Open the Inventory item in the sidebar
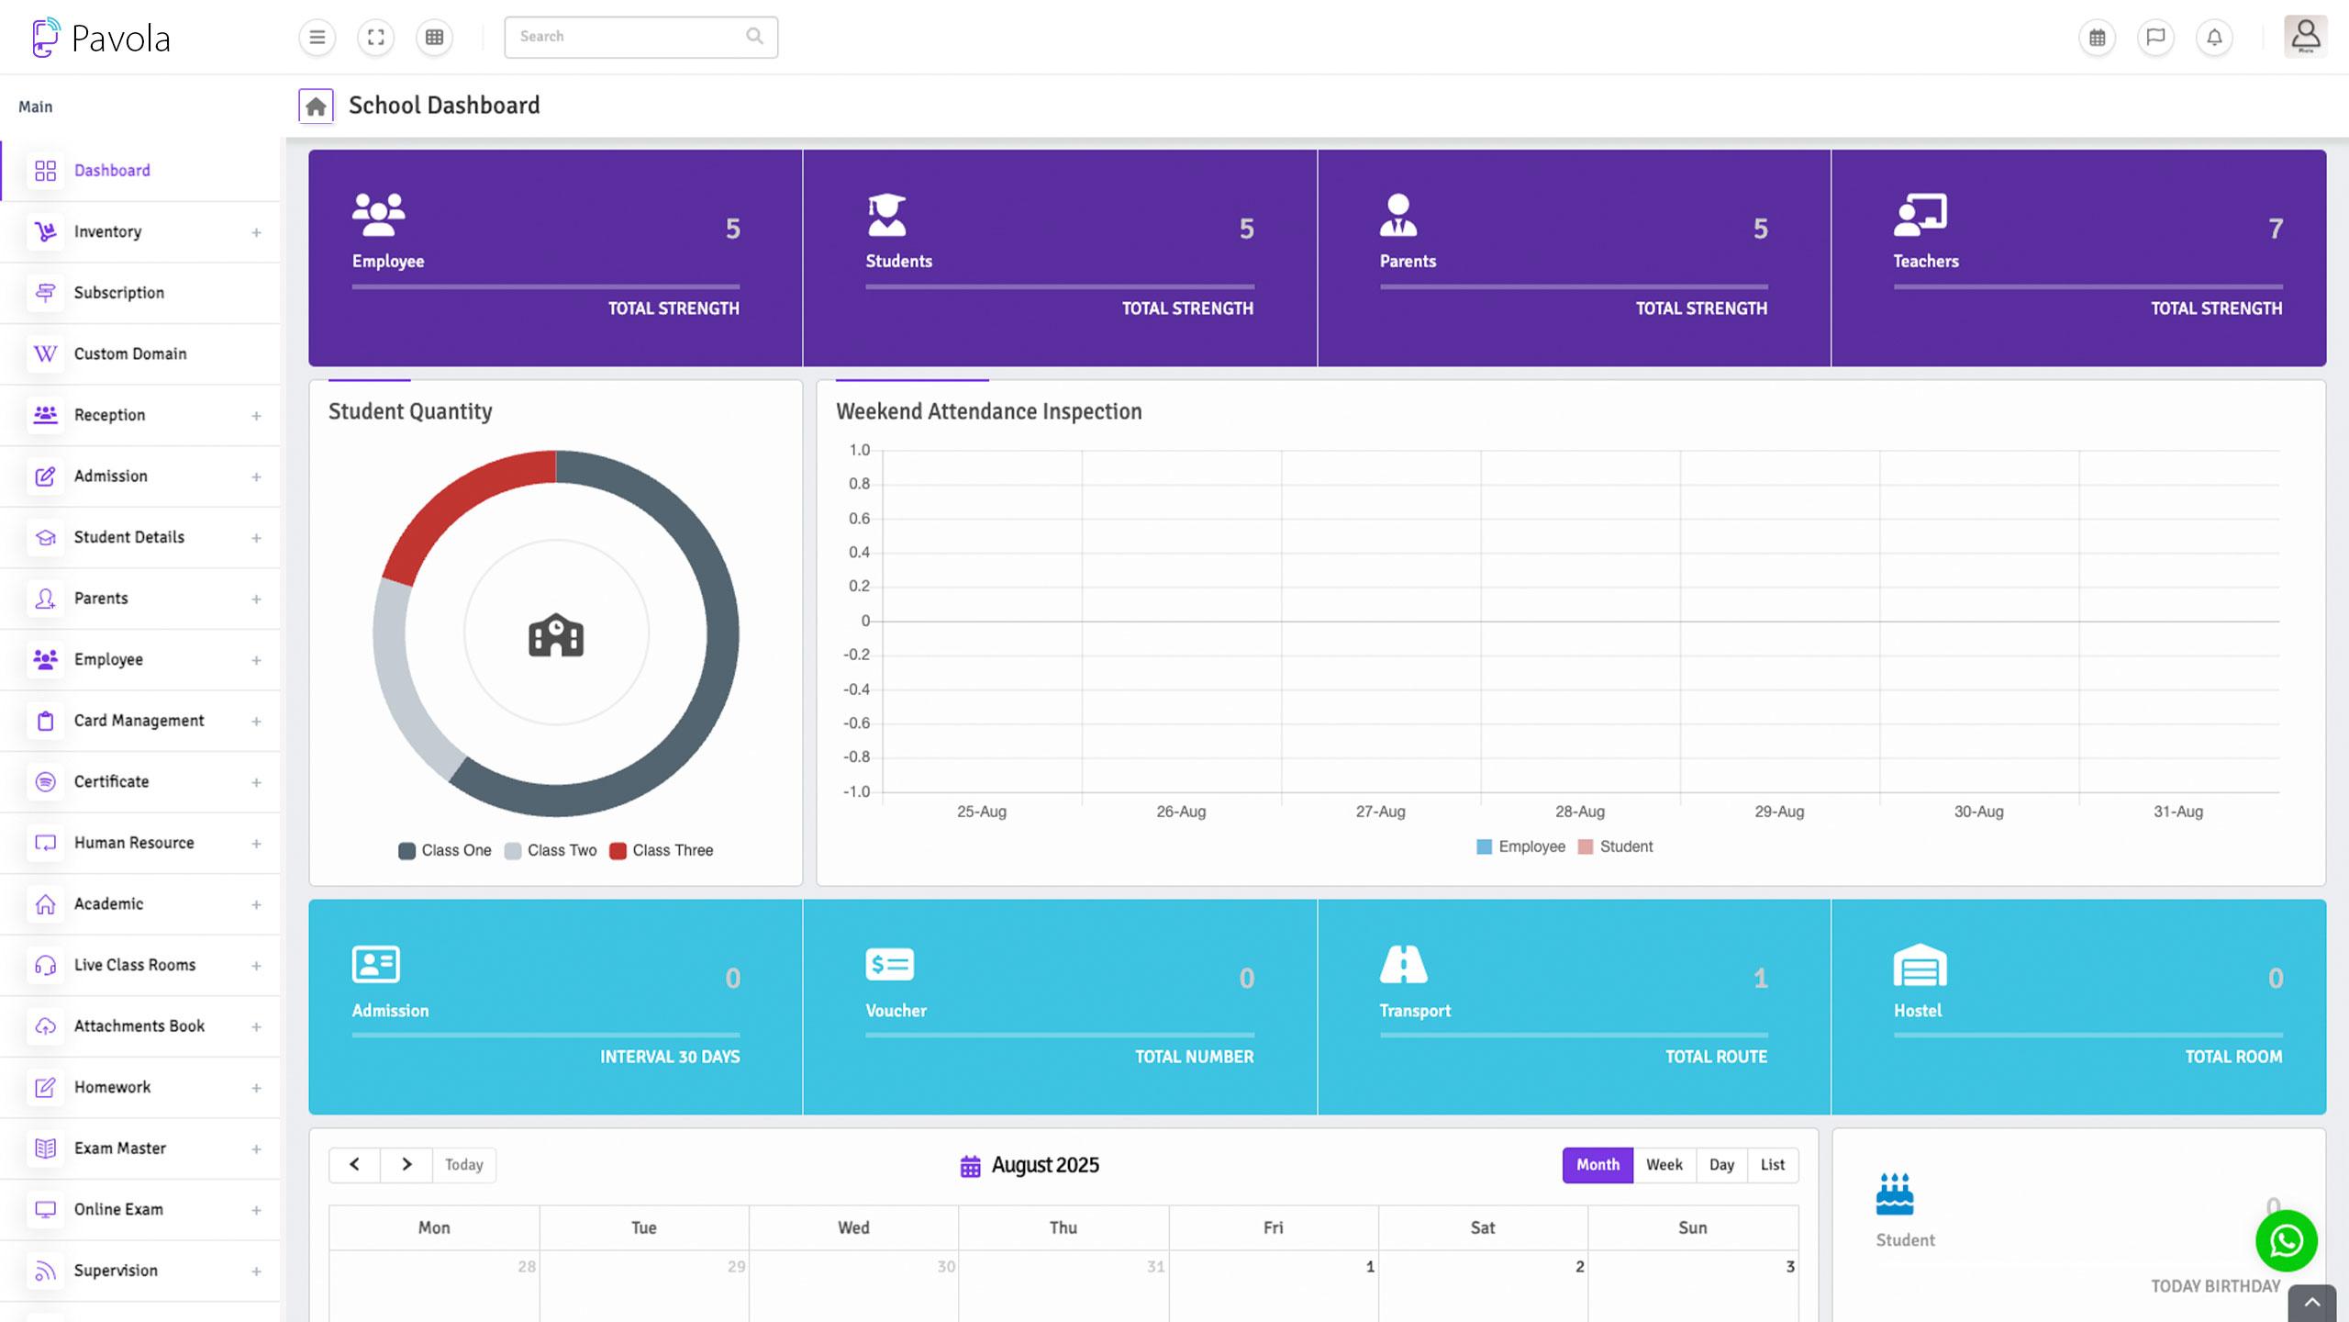pyautogui.click(x=107, y=231)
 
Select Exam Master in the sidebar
pyautogui.click(x=119, y=1148)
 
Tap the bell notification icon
pyautogui.click(x=2214, y=38)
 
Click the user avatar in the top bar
pyautogui.click(x=2305, y=37)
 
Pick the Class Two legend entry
pyautogui.click(x=551, y=851)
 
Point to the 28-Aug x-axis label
pyautogui.click(x=1579, y=812)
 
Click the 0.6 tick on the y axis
pyautogui.click(x=859, y=519)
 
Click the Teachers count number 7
pyautogui.click(x=2276, y=229)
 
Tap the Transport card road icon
pyautogui.click(x=1403, y=964)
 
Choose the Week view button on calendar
pyautogui.click(x=1664, y=1165)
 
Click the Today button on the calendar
pyautogui.click(x=463, y=1165)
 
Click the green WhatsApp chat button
pyautogui.click(x=2286, y=1241)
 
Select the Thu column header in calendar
pyautogui.click(x=1063, y=1228)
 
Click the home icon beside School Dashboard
pyautogui.click(x=316, y=106)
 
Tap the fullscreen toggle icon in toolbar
pyautogui.click(x=375, y=38)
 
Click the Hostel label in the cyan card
pyautogui.click(x=1917, y=1011)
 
